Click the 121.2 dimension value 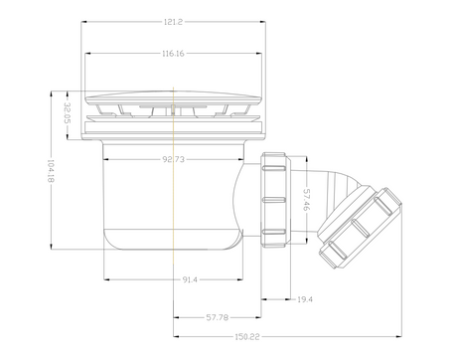point(173,22)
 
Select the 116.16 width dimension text point(173,54)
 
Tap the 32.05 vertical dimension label point(68,112)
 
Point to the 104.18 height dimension point(51,171)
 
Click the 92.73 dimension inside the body point(173,159)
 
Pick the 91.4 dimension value point(190,279)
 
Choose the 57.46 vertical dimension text point(307,200)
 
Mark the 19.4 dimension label point(305,299)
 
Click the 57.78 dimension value point(218,317)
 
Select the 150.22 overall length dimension point(247,337)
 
